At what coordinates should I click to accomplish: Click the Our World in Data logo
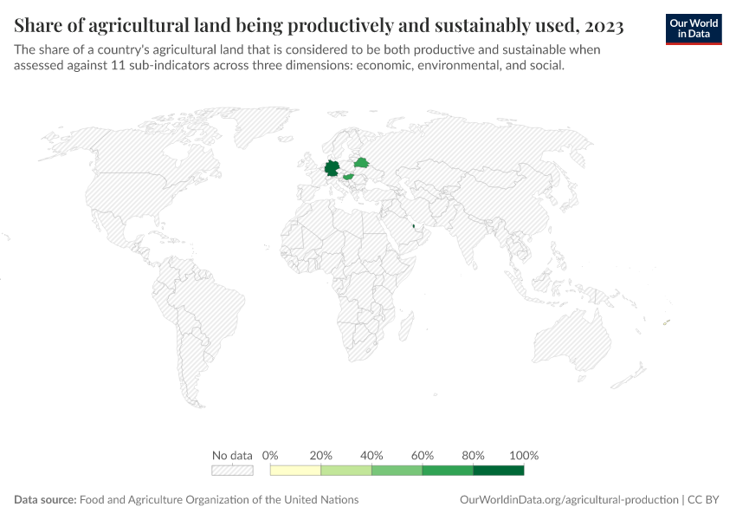point(694,29)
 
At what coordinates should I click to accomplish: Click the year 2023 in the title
point(597,26)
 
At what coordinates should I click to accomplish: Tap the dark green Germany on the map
point(332,168)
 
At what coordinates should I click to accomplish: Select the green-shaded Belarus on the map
point(361,162)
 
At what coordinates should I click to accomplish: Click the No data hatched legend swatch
point(232,471)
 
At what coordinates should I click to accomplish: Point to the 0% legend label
point(270,455)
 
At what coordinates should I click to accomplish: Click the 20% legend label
point(321,455)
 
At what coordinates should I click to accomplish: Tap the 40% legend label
point(371,455)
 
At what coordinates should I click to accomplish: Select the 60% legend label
point(423,455)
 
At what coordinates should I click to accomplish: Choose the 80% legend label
point(473,455)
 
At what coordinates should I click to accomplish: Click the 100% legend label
point(524,455)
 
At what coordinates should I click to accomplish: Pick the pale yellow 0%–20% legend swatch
point(295,471)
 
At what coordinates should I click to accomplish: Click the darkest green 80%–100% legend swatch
point(499,471)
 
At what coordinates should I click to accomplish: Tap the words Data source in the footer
point(45,500)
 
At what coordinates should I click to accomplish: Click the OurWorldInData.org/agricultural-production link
point(568,500)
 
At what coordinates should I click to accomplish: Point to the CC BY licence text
point(706,500)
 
